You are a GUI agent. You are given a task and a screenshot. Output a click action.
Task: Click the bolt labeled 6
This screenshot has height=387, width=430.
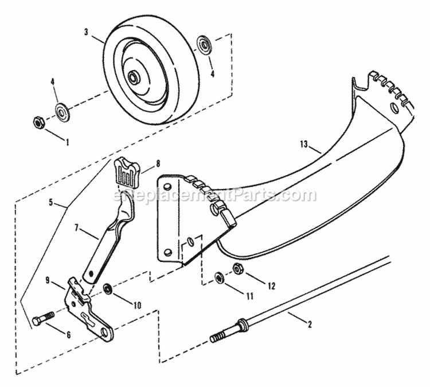click(42, 317)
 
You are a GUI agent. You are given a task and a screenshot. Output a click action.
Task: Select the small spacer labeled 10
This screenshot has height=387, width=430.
click(107, 287)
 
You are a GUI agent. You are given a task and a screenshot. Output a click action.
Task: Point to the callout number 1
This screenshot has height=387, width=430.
click(67, 140)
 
